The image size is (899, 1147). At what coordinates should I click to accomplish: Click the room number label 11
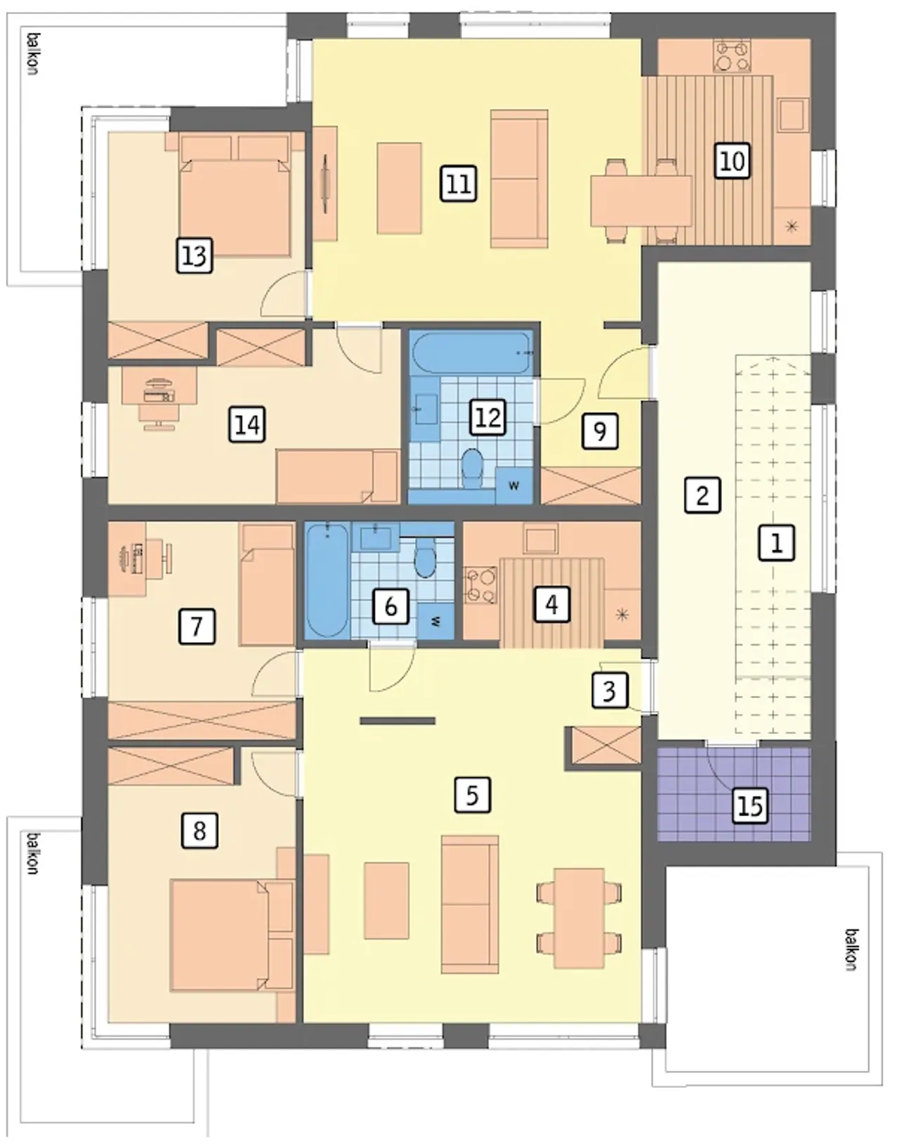(x=459, y=184)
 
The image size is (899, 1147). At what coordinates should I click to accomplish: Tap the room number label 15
(x=750, y=806)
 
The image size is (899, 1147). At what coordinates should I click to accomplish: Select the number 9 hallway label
(x=600, y=431)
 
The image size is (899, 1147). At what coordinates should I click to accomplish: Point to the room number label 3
(x=610, y=689)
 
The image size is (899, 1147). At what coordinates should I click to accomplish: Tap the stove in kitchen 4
(x=480, y=585)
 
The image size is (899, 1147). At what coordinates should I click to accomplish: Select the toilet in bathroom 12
(x=472, y=468)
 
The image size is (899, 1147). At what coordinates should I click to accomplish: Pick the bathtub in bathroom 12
(x=472, y=352)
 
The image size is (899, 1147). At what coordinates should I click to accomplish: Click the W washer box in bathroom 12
(x=513, y=485)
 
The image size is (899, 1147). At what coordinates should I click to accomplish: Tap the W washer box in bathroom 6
(x=435, y=622)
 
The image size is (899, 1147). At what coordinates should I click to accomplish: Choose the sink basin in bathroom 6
(x=376, y=537)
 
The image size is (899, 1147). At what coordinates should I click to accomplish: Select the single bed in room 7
(x=267, y=585)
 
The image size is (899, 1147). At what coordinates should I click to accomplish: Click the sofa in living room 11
(x=519, y=178)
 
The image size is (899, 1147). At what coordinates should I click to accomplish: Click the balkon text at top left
(x=34, y=54)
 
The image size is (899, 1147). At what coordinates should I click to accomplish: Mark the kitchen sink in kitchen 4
(x=540, y=539)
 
